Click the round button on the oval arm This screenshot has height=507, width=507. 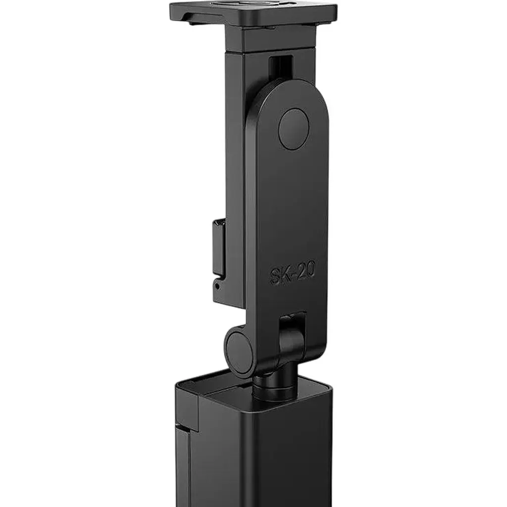point(294,129)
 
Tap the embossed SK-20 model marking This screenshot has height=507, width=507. point(292,273)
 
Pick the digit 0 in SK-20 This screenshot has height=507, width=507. point(310,269)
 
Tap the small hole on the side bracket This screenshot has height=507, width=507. point(217,287)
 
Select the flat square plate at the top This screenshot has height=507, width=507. point(254,12)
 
